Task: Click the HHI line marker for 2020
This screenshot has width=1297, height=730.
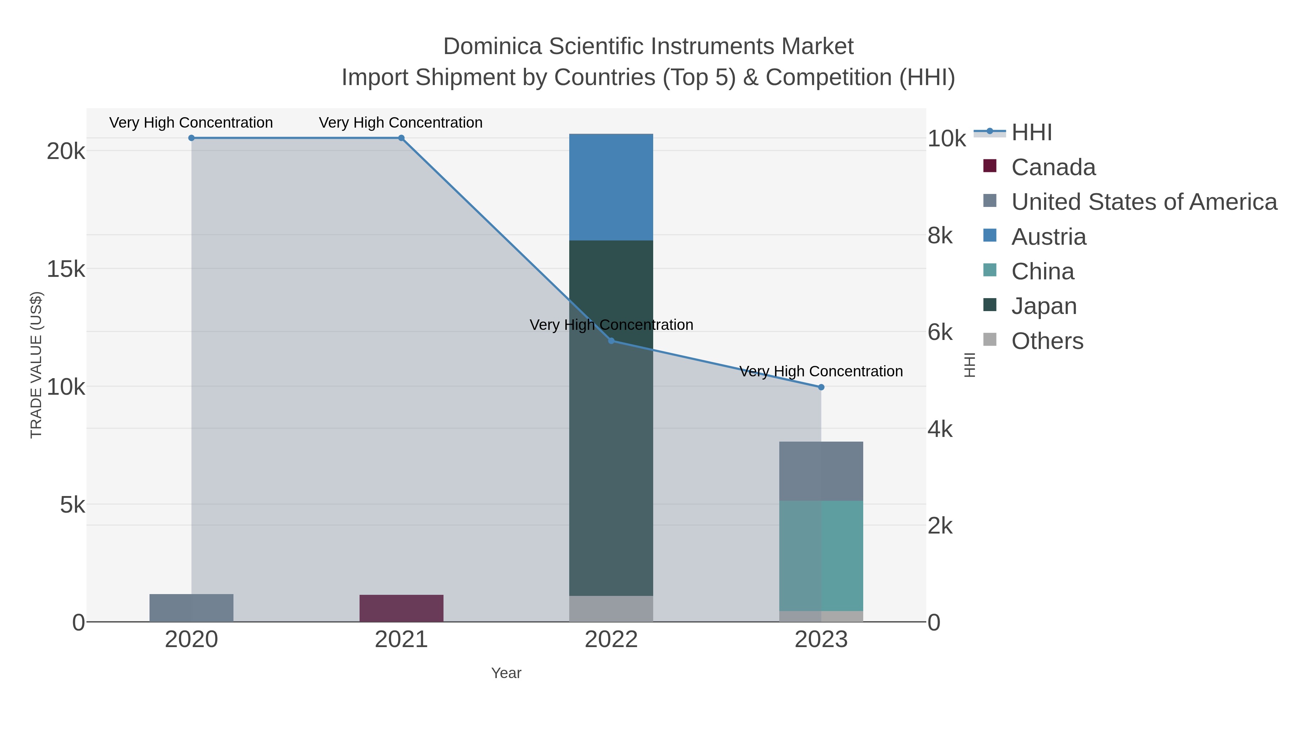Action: click(x=191, y=138)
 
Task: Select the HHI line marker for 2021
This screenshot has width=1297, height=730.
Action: click(x=401, y=138)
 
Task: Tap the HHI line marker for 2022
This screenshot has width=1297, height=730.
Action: click(x=611, y=341)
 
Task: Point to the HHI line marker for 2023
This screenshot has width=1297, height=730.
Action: click(x=821, y=388)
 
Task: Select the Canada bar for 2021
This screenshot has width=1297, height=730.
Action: click(x=401, y=608)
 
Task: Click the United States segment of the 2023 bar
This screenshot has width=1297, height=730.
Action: click(x=821, y=471)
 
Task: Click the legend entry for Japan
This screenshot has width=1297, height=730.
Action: click(x=1044, y=306)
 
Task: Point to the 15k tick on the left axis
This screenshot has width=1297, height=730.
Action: click(x=66, y=270)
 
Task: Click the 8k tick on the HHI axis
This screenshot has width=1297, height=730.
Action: click(x=940, y=236)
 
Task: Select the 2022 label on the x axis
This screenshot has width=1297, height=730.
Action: click(x=611, y=640)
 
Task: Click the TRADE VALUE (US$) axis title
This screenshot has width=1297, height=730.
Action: click(x=36, y=365)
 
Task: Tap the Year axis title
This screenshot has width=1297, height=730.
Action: click(x=506, y=673)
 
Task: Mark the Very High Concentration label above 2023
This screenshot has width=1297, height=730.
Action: click(x=821, y=371)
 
